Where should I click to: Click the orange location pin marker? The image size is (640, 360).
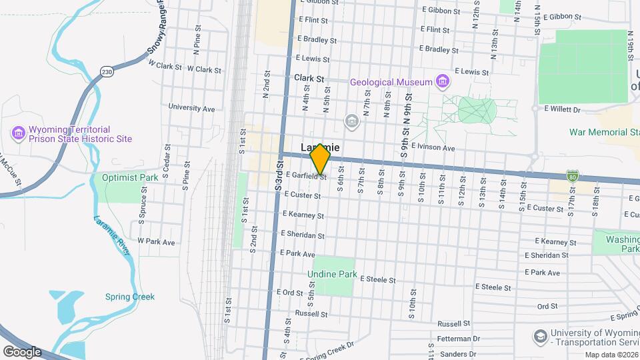321,159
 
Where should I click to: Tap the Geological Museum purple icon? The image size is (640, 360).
441,82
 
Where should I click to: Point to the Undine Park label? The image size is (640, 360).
332,274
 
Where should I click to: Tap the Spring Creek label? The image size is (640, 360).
129,297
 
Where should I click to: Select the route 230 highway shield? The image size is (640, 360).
106,71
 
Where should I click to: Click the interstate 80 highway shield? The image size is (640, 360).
573,175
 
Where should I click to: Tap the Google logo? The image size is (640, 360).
21,351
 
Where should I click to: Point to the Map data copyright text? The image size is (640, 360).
611,355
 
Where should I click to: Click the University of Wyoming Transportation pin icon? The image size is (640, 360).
541,335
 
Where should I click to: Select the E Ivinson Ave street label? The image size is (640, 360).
433,147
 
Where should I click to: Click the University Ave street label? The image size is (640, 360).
191,107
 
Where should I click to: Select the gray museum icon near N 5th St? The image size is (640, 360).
352,121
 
